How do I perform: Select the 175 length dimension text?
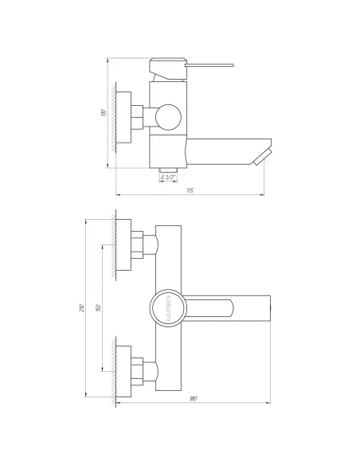[189, 190]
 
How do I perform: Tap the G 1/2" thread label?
[167, 177]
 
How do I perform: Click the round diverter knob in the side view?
[168, 117]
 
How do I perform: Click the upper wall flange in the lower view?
[126, 246]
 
